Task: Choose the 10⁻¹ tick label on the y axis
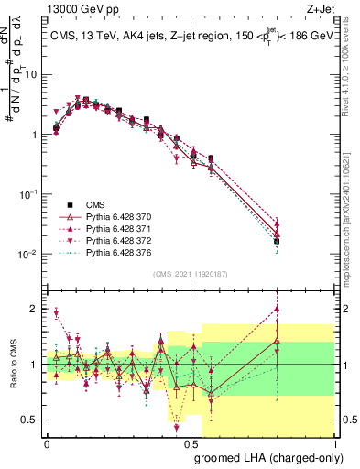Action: click(x=27, y=194)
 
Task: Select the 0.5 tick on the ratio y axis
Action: click(x=31, y=420)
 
